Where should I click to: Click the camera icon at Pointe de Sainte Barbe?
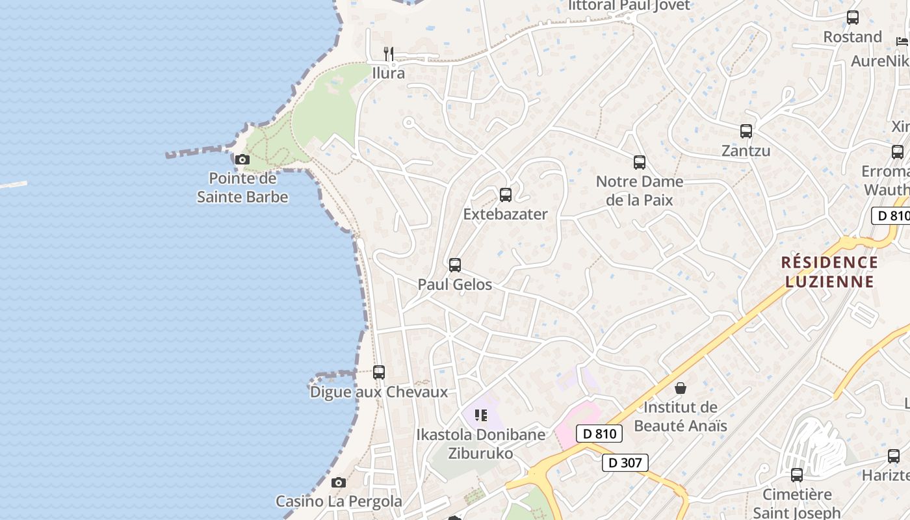point(242,159)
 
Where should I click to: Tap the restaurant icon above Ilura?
point(389,53)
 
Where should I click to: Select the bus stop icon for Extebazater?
point(506,194)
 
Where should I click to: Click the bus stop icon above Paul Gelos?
point(455,265)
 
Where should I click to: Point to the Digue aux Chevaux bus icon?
point(379,372)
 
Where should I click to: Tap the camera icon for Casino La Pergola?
point(338,482)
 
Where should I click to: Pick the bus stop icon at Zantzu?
point(746,131)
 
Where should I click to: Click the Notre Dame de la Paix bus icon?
point(640,162)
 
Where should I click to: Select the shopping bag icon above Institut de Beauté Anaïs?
point(681,388)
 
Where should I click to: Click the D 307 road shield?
point(625,463)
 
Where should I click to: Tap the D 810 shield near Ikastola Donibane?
point(599,434)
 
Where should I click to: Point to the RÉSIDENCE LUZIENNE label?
point(829,272)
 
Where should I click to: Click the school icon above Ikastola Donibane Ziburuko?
point(481,415)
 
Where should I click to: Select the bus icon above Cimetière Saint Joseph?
point(797,475)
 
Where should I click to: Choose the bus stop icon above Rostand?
point(853,18)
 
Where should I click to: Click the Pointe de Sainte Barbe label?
point(242,187)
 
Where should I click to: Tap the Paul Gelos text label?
point(455,285)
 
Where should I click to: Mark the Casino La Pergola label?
point(339,501)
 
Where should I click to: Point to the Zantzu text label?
point(746,151)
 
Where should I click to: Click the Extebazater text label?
point(506,214)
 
